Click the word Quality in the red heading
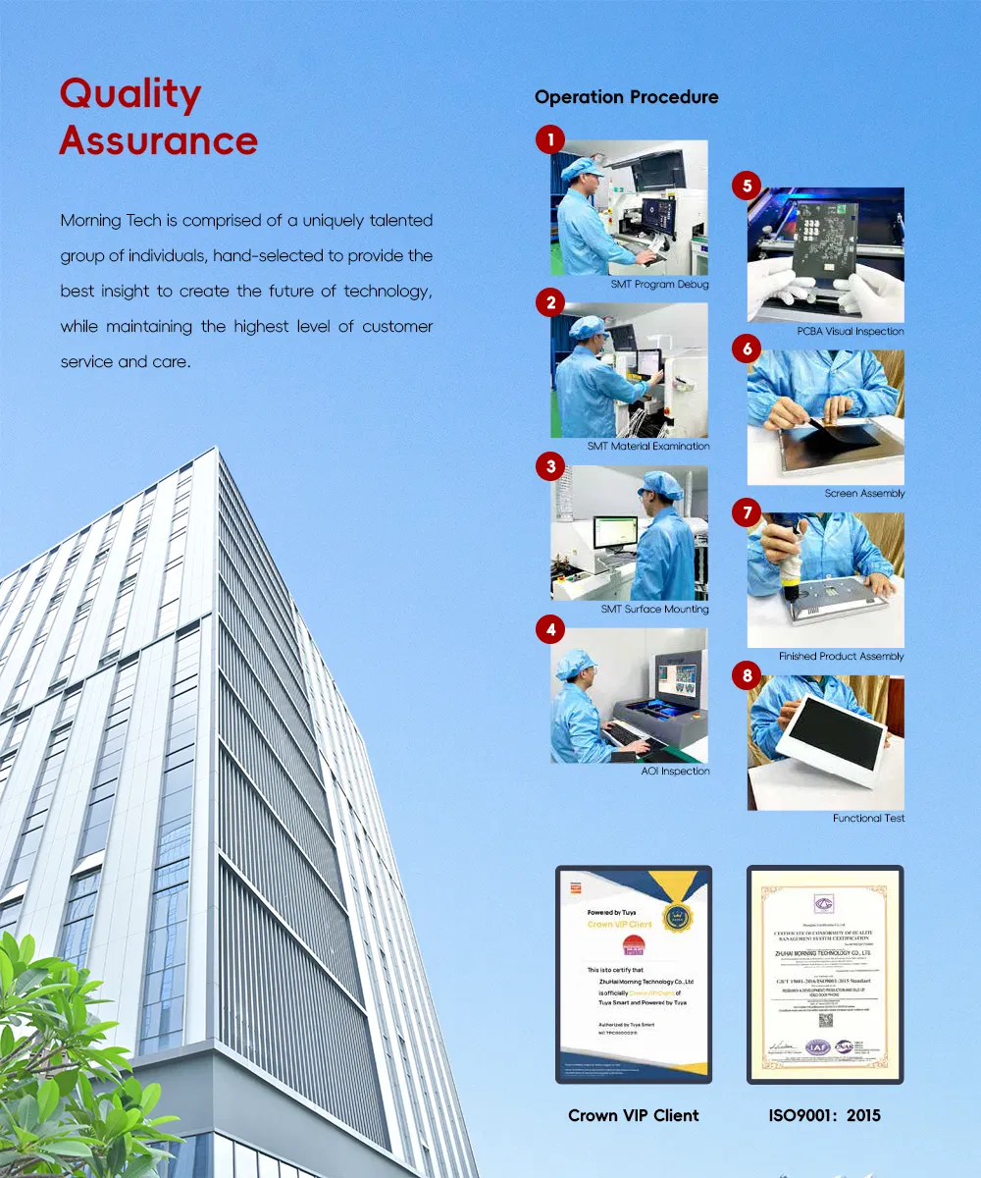pyautogui.click(x=130, y=95)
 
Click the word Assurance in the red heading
pyautogui.click(x=158, y=140)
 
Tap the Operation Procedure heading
pyautogui.click(x=626, y=97)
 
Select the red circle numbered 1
pyautogui.click(x=549, y=140)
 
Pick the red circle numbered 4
pyautogui.click(x=549, y=628)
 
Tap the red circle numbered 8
pyautogui.click(x=748, y=675)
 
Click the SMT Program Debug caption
pyautogui.click(x=659, y=285)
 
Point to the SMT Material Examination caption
pyautogui.click(x=648, y=447)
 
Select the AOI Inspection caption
pyautogui.click(x=669, y=772)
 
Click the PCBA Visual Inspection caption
pyautogui.click(x=851, y=332)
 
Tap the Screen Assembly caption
pyautogui.click(x=864, y=494)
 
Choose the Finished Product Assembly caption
pyautogui.click(x=842, y=656)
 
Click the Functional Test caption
pyautogui.click(x=868, y=818)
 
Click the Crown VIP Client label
pyautogui.click(x=634, y=1115)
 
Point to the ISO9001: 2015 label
pyautogui.click(x=825, y=1115)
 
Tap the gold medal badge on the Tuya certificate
pyautogui.click(x=677, y=918)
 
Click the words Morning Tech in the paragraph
pyautogui.click(x=104, y=220)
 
